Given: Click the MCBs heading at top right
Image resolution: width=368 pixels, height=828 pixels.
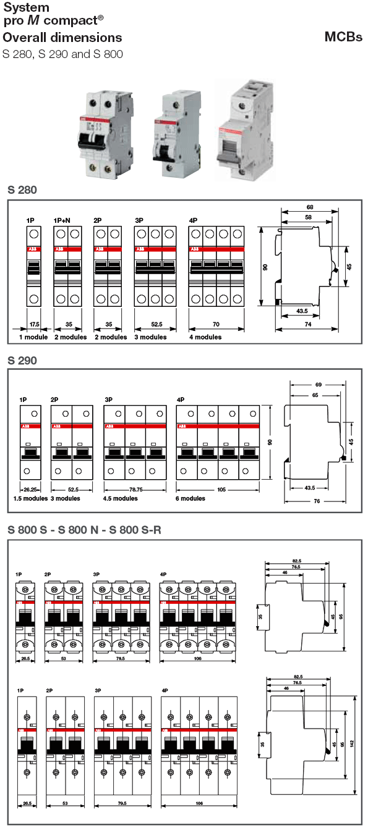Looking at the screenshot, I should pyautogui.click(x=343, y=37).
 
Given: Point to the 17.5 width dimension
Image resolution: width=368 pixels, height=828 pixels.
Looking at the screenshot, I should pyautogui.click(x=35, y=324).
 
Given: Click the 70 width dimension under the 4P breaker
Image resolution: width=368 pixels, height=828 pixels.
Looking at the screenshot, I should pyautogui.click(x=215, y=324).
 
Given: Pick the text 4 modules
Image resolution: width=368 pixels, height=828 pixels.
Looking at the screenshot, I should pyautogui.click(x=205, y=337).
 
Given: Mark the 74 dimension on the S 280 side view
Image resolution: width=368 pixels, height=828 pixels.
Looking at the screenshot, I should pyautogui.click(x=307, y=324).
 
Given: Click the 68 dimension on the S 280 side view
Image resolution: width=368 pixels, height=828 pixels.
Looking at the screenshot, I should pyautogui.click(x=309, y=207).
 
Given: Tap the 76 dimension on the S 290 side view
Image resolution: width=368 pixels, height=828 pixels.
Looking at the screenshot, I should pyautogui.click(x=317, y=501).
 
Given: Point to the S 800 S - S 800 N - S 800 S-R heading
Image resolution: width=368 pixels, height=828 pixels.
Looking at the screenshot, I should pyautogui.click(x=85, y=529).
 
